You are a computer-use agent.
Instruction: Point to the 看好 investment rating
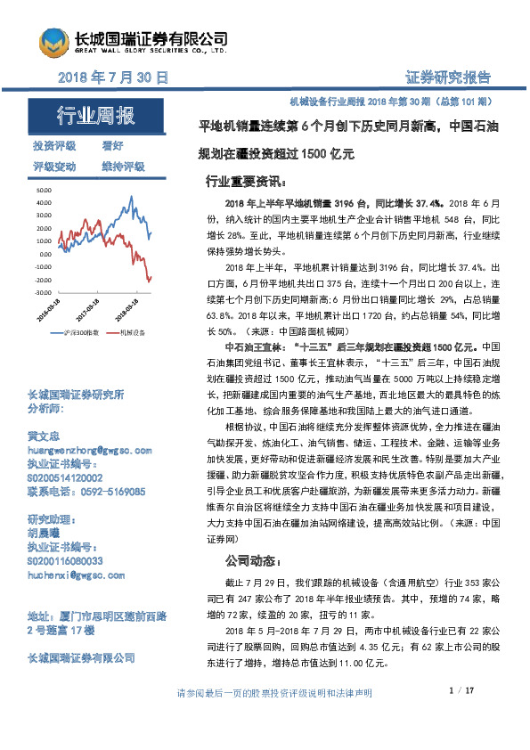(x=112, y=145)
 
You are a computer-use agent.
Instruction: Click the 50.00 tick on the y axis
(x=42, y=192)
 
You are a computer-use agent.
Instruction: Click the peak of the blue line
(x=132, y=197)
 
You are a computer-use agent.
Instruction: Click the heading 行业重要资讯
(x=243, y=181)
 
